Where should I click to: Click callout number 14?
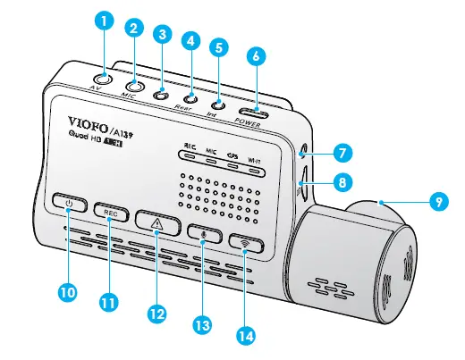[244, 335]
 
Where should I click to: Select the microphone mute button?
[205, 231]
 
